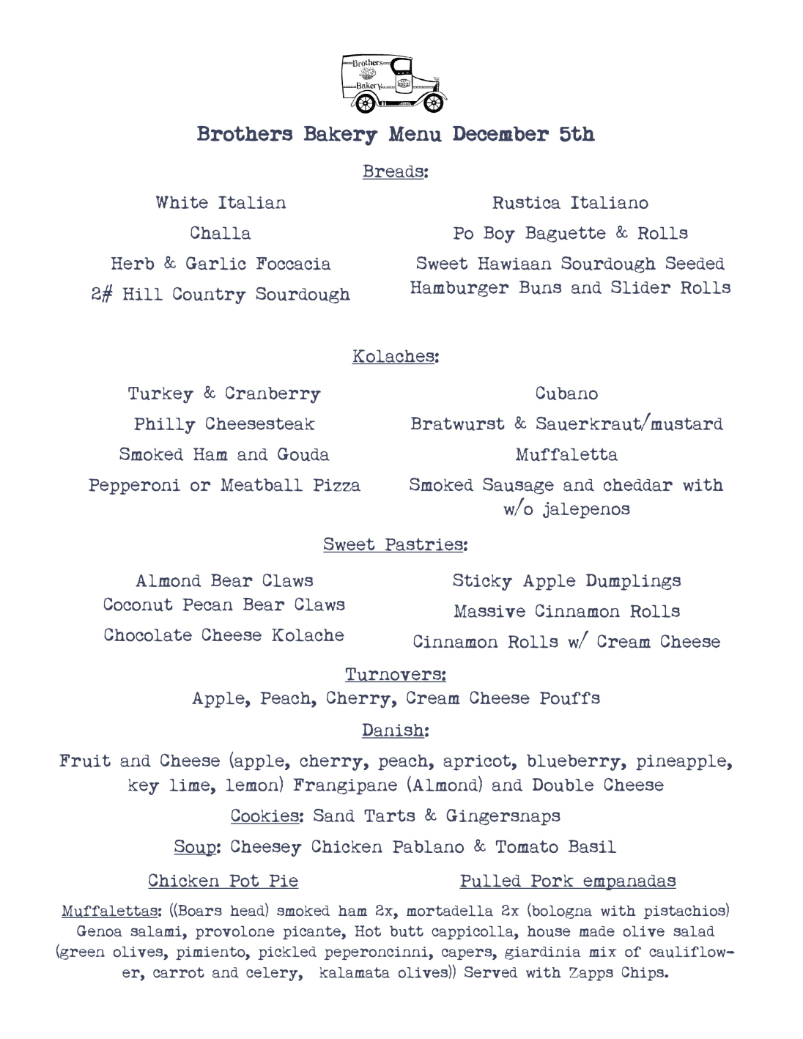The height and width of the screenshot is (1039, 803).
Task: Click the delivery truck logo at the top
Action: point(393,83)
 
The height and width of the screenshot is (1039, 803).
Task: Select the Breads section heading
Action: point(394,171)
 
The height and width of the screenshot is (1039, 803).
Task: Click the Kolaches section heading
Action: point(394,356)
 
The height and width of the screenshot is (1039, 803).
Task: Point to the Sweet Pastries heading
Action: point(394,544)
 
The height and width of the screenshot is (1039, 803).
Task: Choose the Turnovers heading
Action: point(395,674)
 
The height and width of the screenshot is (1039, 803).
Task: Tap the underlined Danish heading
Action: point(394,731)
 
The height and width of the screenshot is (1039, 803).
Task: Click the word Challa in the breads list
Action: point(221,233)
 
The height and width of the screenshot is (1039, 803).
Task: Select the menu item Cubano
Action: point(566,393)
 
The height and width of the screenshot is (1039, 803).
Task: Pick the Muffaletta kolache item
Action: point(566,454)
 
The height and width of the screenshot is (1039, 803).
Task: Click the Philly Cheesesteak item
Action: point(224,424)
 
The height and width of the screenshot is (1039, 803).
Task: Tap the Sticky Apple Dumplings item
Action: point(566,581)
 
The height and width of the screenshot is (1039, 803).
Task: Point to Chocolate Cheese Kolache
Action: point(223,635)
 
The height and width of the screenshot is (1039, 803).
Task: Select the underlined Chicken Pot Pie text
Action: point(223,881)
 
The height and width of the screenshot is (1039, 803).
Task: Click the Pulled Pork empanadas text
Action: point(568,881)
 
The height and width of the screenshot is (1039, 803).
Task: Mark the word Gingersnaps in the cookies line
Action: point(503,816)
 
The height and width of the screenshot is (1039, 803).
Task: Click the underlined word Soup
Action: point(196,847)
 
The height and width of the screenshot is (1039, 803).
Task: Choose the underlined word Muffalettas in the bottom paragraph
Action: point(110,912)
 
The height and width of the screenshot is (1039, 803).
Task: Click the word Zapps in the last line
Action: point(591,973)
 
